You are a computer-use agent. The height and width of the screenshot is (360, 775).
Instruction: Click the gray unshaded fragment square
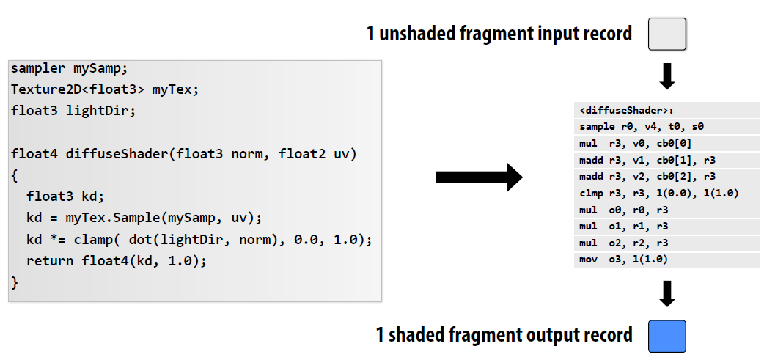(x=666, y=34)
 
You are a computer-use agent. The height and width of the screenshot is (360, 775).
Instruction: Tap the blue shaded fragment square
(x=666, y=337)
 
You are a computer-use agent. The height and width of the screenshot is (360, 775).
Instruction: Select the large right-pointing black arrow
(x=479, y=177)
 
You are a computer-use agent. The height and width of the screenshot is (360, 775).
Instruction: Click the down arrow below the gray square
(x=667, y=76)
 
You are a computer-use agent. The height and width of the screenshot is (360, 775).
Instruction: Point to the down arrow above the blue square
(x=667, y=294)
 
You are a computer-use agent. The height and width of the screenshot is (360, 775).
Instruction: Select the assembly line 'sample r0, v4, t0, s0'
(x=642, y=127)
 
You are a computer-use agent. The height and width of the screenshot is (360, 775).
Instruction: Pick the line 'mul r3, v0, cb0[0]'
(x=635, y=144)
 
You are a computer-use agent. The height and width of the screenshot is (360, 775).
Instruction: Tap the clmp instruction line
(x=659, y=193)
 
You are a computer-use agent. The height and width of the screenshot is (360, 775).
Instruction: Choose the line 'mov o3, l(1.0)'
(x=623, y=259)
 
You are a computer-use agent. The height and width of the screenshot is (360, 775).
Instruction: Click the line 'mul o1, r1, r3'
(x=623, y=226)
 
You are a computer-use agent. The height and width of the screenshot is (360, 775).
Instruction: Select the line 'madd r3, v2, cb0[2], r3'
(x=647, y=177)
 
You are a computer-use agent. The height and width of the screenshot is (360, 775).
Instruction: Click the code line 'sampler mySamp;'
(x=69, y=68)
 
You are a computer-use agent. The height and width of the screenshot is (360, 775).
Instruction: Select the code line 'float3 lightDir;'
(x=73, y=111)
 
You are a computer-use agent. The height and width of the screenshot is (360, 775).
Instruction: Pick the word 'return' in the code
(x=50, y=260)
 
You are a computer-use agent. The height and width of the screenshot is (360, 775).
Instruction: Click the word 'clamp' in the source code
(x=93, y=239)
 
